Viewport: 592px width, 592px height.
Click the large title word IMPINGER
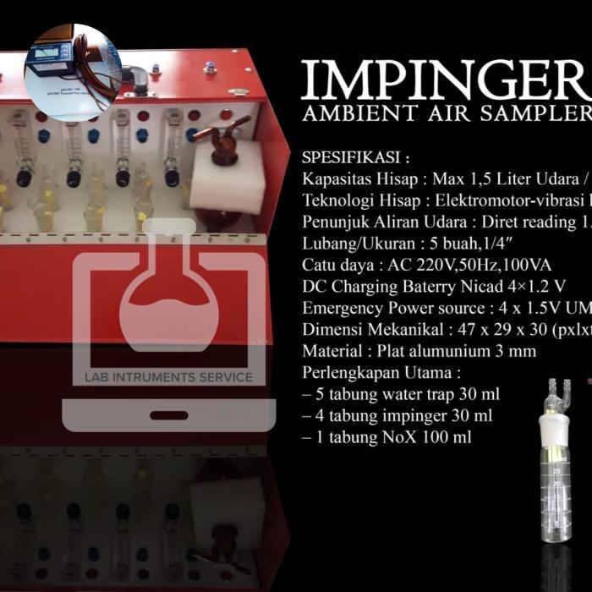(444, 80)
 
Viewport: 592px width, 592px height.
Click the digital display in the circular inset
(53, 62)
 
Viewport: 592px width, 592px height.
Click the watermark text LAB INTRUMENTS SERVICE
(167, 377)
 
